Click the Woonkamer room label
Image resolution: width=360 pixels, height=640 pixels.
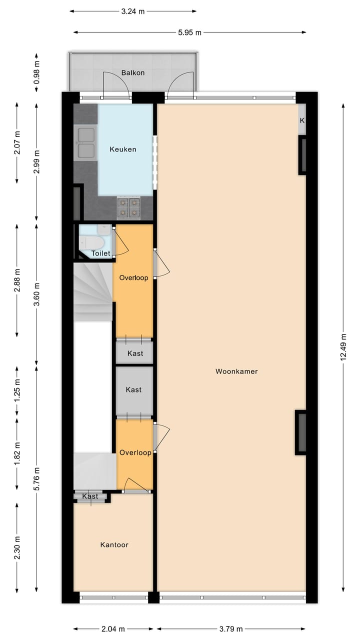(x=236, y=371)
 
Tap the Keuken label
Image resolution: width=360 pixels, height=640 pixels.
(x=123, y=149)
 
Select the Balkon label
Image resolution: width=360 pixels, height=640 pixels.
(x=133, y=73)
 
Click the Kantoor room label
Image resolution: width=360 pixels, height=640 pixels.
(x=114, y=544)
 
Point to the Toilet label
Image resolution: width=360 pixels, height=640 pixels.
(x=100, y=253)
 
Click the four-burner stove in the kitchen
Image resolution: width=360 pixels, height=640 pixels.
(x=128, y=208)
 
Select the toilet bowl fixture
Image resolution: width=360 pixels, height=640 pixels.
(x=93, y=242)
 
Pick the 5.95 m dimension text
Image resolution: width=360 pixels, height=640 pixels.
(x=189, y=32)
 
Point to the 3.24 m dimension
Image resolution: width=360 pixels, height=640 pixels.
(x=132, y=11)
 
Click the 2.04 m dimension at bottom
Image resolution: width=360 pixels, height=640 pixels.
(x=113, y=629)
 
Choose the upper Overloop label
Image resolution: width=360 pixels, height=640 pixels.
(x=133, y=278)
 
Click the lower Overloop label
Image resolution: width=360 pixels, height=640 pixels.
(x=135, y=453)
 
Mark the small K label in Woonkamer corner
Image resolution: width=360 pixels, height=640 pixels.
(x=302, y=120)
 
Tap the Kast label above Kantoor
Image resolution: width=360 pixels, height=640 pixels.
(x=90, y=496)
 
